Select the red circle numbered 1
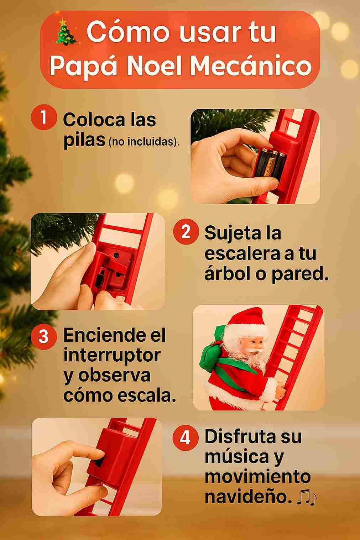click(44, 117)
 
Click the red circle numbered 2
click(186, 231)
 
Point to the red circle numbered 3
click(44, 336)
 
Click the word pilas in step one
click(84, 141)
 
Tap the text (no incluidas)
click(144, 142)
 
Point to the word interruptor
click(112, 356)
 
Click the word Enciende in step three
click(104, 335)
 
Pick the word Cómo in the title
click(128, 32)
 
